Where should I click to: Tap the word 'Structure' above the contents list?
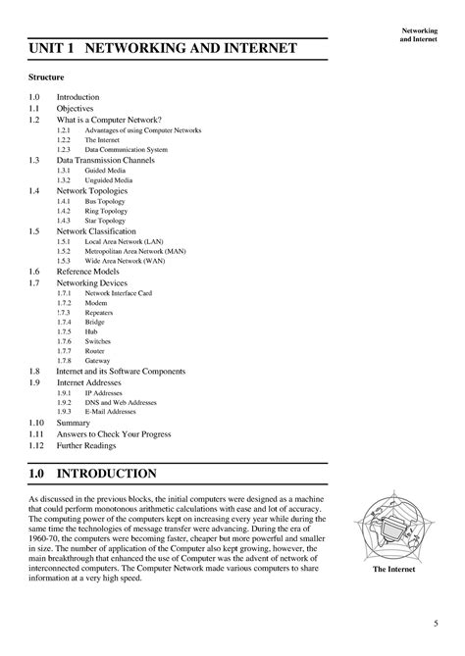(48, 76)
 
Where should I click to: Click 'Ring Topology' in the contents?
(105, 211)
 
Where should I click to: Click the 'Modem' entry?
(96, 303)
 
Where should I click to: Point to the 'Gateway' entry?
(98, 361)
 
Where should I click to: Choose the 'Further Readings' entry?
(86, 444)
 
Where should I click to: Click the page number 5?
(435, 622)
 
